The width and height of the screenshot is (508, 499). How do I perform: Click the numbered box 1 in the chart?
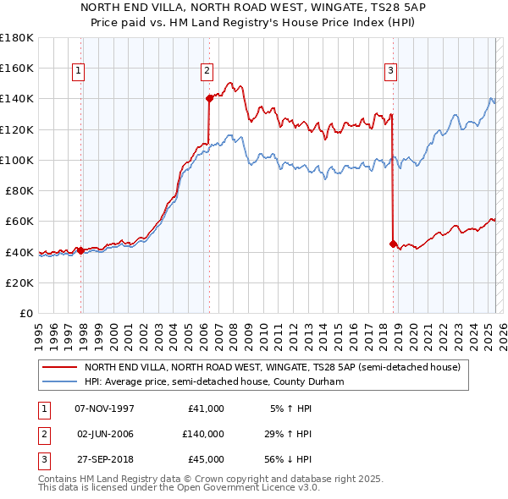[x=78, y=72]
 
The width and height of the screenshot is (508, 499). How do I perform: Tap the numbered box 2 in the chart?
[x=207, y=72]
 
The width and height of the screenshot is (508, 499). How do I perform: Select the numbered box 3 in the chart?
[x=391, y=72]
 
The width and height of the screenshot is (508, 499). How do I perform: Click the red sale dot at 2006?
[x=209, y=98]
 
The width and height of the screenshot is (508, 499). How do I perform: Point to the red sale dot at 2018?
[x=393, y=244]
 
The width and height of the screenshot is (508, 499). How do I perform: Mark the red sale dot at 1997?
[x=80, y=250]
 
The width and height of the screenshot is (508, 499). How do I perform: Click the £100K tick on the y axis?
[x=17, y=160]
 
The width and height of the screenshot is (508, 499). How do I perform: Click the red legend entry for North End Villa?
[x=271, y=368]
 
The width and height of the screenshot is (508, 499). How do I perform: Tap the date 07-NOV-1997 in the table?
[x=104, y=409]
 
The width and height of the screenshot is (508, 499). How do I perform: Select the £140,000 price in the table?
[x=202, y=434]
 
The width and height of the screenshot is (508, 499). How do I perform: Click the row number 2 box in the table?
[x=42, y=434]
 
